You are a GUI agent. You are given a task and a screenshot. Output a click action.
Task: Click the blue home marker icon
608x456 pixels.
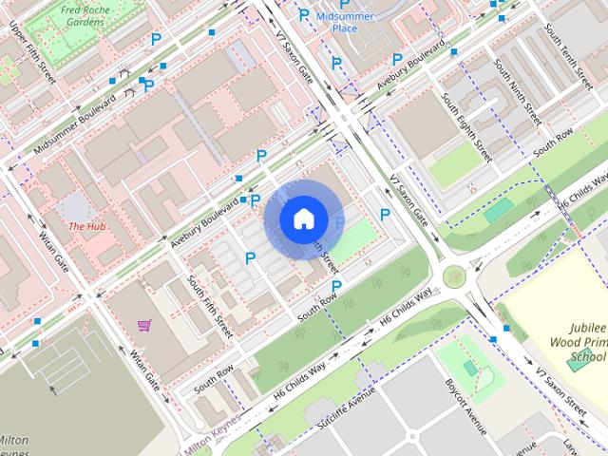(303, 218)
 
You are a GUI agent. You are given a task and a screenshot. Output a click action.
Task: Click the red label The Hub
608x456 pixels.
(86, 226)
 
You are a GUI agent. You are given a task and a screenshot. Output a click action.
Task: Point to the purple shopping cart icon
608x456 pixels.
(143, 326)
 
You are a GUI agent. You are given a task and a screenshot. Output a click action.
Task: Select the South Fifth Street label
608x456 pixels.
(210, 307)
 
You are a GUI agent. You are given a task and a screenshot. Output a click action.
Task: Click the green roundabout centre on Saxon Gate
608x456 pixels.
(454, 277)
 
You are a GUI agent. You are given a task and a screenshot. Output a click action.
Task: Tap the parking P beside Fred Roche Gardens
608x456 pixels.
(156, 39)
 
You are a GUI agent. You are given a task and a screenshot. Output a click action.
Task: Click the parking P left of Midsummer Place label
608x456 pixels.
(304, 14)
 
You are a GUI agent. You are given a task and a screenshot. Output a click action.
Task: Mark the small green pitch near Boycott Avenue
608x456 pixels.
(470, 367)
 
